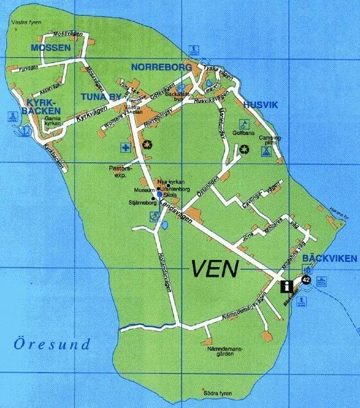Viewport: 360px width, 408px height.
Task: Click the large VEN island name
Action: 213,268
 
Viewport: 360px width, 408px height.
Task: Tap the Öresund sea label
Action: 52,344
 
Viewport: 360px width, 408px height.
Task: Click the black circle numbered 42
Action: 305,280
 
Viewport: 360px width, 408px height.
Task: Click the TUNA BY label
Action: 100,98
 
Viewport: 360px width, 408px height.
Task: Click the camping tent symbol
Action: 265,151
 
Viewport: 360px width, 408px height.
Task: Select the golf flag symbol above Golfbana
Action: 243,124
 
